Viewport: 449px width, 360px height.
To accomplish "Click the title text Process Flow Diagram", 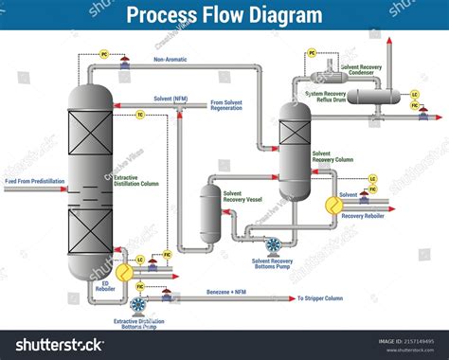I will pos(224,16).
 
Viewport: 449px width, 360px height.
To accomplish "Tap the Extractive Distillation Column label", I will pos(138,180).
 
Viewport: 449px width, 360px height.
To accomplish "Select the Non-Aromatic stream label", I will pos(171,60).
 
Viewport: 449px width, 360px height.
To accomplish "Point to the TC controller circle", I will pos(140,115).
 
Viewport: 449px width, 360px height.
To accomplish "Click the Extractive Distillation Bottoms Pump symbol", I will pos(138,305).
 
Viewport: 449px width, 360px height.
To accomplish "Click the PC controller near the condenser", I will pos(312,53).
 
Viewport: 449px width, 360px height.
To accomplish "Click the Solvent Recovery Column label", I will pos(332,156).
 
